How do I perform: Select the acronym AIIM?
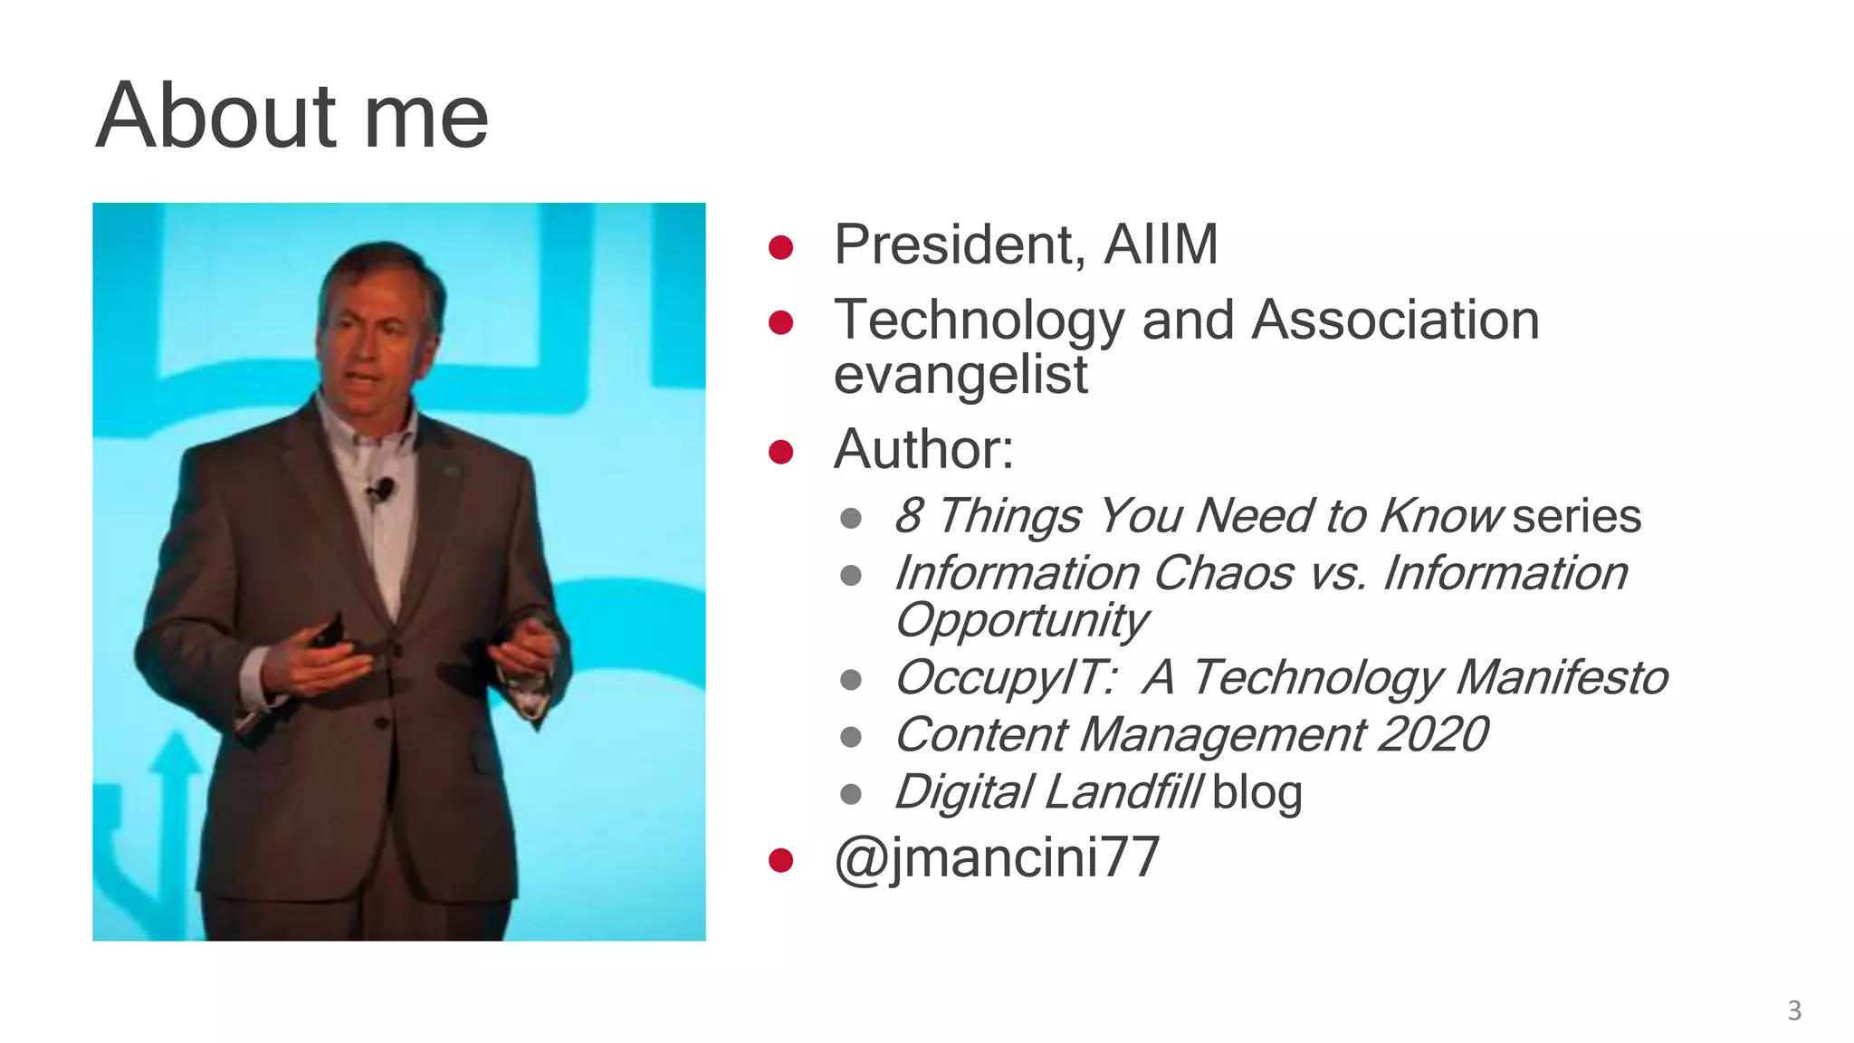1161,244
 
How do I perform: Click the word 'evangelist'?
960,375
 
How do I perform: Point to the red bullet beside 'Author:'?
780,451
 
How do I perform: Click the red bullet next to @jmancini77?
780,859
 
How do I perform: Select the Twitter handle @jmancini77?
996,857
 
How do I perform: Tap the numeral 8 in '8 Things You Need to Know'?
908,516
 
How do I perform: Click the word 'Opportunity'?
1021,621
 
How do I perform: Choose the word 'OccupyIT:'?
1005,677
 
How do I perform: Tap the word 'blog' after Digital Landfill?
1257,793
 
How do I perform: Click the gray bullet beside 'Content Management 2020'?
850,737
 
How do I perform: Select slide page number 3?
1794,1010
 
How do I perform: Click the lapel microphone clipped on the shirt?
383,490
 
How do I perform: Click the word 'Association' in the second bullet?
1394,321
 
